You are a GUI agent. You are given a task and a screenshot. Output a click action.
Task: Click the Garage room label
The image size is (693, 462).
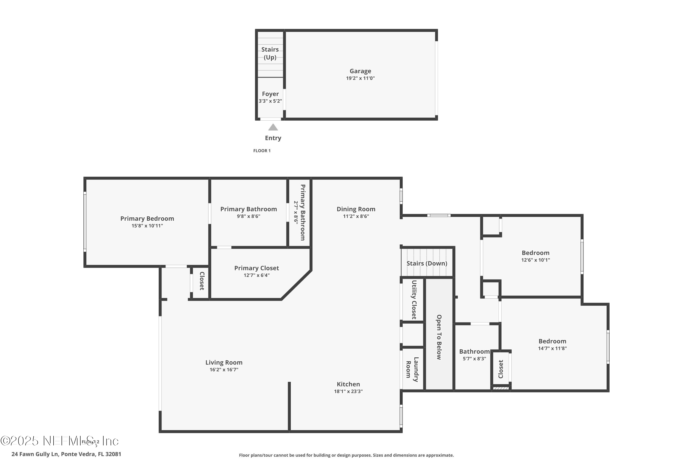pyautogui.click(x=360, y=71)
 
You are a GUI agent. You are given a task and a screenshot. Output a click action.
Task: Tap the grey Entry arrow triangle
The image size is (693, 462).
pyautogui.click(x=273, y=127)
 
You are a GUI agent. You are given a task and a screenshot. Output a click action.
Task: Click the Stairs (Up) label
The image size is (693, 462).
pyautogui.click(x=270, y=53)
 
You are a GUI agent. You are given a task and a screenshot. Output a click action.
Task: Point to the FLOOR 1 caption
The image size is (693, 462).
pyautogui.click(x=262, y=151)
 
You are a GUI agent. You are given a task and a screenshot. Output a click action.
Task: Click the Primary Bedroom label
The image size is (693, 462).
pyautogui.click(x=147, y=219)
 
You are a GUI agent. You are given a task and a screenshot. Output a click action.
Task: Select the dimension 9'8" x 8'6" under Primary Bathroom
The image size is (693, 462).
pyautogui.click(x=248, y=216)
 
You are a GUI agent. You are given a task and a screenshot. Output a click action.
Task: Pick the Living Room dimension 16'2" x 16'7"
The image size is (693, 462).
pyautogui.click(x=224, y=369)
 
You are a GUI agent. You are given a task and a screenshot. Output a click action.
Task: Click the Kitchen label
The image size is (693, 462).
pyautogui.click(x=348, y=384)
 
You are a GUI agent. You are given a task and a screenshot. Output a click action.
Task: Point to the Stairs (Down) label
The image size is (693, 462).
pyautogui.click(x=427, y=263)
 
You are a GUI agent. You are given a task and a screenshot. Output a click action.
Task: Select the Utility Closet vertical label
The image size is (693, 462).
pyautogui.click(x=414, y=300)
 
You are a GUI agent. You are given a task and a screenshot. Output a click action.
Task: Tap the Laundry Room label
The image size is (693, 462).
pyautogui.click(x=412, y=369)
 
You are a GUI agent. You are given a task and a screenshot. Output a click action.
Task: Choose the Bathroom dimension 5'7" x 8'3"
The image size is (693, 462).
pyautogui.click(x=474, y=359)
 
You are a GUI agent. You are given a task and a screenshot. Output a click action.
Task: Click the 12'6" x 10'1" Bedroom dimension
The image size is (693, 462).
pyautogui.click(x=535, y=260)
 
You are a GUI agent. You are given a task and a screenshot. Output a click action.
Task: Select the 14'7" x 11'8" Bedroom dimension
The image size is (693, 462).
pyautogui.click(x=552, y=348)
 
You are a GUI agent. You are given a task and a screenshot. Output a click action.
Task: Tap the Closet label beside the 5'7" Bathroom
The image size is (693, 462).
pyautogui.click(x=501, y=369)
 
